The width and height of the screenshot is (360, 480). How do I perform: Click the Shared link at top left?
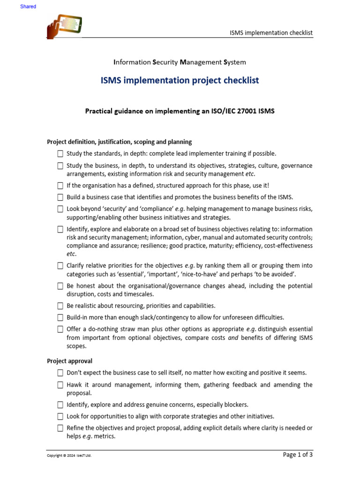pyautogui.click(x=28, y=7)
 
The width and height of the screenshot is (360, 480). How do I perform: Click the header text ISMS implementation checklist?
pyautogui.click(x=271, y=32)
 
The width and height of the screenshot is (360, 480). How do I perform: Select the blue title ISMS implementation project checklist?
pyautogui.click(x=180, y=81)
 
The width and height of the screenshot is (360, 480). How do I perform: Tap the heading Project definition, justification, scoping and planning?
pyautogui.click(x=119, y=142)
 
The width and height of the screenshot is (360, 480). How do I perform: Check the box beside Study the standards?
pyautogui.click(x=60, y=154)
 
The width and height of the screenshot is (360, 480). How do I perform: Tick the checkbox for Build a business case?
pyautogui.click(x=60, y=197)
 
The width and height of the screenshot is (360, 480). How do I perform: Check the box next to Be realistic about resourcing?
pyautogui.click(x=60, y=306)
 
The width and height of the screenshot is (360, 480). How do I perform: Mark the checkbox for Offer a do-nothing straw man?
pyautogui.click(x=60, y=330)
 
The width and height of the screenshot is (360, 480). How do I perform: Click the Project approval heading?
pyautogui.click(x=69, y=361)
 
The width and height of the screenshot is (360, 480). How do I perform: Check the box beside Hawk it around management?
pyautogui.click(x=60, y=385)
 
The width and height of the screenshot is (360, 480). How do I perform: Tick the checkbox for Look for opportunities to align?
pyautogui.click(x=60, y=416)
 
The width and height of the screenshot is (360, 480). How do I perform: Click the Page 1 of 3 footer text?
pyautogui.click(x=298, y=454)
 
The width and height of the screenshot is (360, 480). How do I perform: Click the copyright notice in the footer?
pyautogui.click(x=69, y=455)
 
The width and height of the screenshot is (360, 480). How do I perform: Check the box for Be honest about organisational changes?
pyautogui.click(x=60, y=286)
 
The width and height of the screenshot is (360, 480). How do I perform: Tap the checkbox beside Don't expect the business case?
pyautogui.click(x=60, y=373)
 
